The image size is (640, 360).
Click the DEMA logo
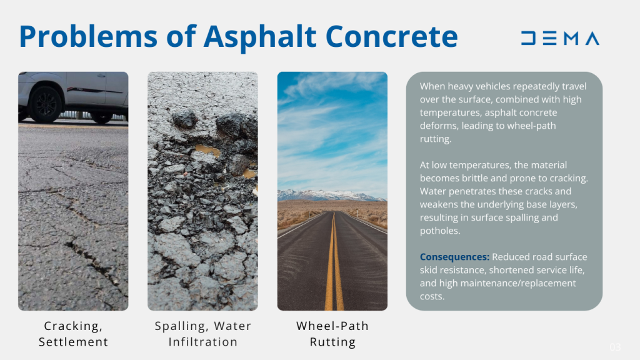[560, 39]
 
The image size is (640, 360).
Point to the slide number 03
[615, 347]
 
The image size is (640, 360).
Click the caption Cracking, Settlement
[73, 334]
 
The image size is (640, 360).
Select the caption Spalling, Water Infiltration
[202, 334]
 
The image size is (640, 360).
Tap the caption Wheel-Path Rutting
[332, 334]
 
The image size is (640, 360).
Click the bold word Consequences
[454, 257]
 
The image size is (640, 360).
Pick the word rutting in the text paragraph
[435, 139]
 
